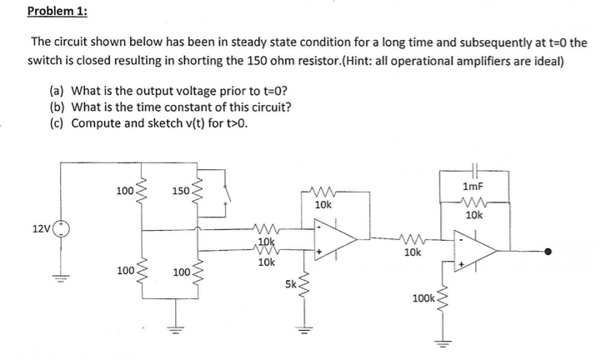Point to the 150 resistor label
click(x=181, y=192)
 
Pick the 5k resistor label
click(x=289, y=283)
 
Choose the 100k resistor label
click(x=423, y=298)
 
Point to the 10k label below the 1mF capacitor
click(x=473, y=215)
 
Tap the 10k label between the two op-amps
click(x=411, y=251)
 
